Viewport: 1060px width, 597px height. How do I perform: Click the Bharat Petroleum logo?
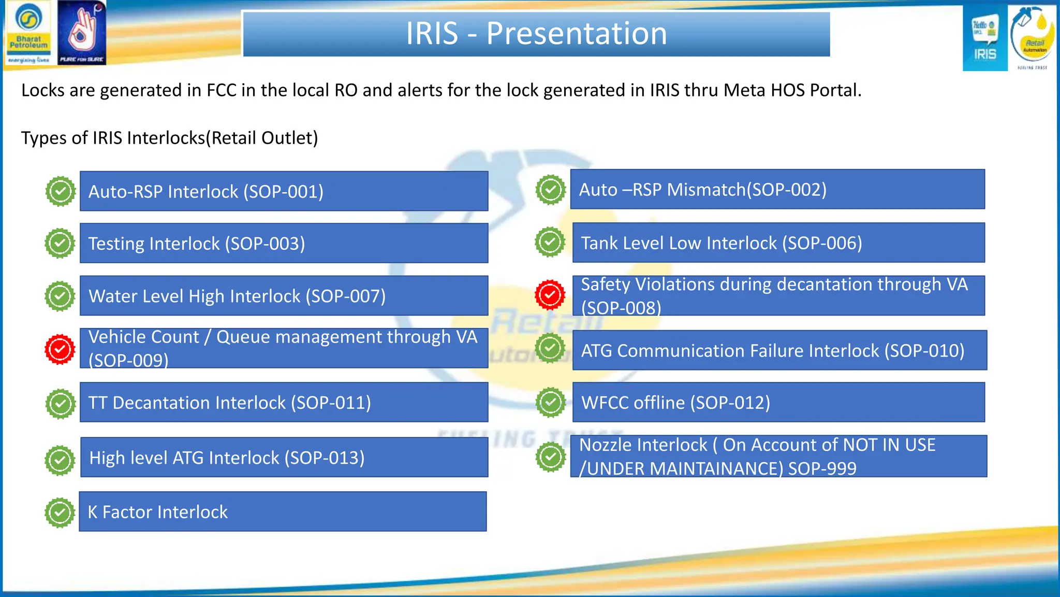pos(28,32)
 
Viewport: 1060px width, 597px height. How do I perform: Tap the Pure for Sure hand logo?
pos(81,32)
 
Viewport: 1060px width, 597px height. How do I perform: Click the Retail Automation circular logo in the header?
pos(1033,37)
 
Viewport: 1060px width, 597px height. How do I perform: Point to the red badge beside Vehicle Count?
pos(60,349)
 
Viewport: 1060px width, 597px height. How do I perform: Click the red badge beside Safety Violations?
pos(550,295)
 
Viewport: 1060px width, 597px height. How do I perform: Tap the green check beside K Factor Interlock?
pos(60,513)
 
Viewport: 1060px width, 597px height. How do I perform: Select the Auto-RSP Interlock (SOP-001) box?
pos(284,191)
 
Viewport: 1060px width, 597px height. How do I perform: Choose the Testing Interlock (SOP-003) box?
pos(284,244)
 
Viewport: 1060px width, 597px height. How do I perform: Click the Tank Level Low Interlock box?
pos(778,243)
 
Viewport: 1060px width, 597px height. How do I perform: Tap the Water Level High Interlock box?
pos(284,296)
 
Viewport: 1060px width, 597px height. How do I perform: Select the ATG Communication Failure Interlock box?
pos(779,351)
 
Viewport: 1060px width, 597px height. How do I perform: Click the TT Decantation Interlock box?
pos(284,403)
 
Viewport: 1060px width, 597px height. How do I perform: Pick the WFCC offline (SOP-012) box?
pos(778,403)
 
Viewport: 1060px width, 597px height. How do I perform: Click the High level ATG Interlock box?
pos(284,458)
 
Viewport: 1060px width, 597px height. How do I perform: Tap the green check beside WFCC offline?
pos(550,402)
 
